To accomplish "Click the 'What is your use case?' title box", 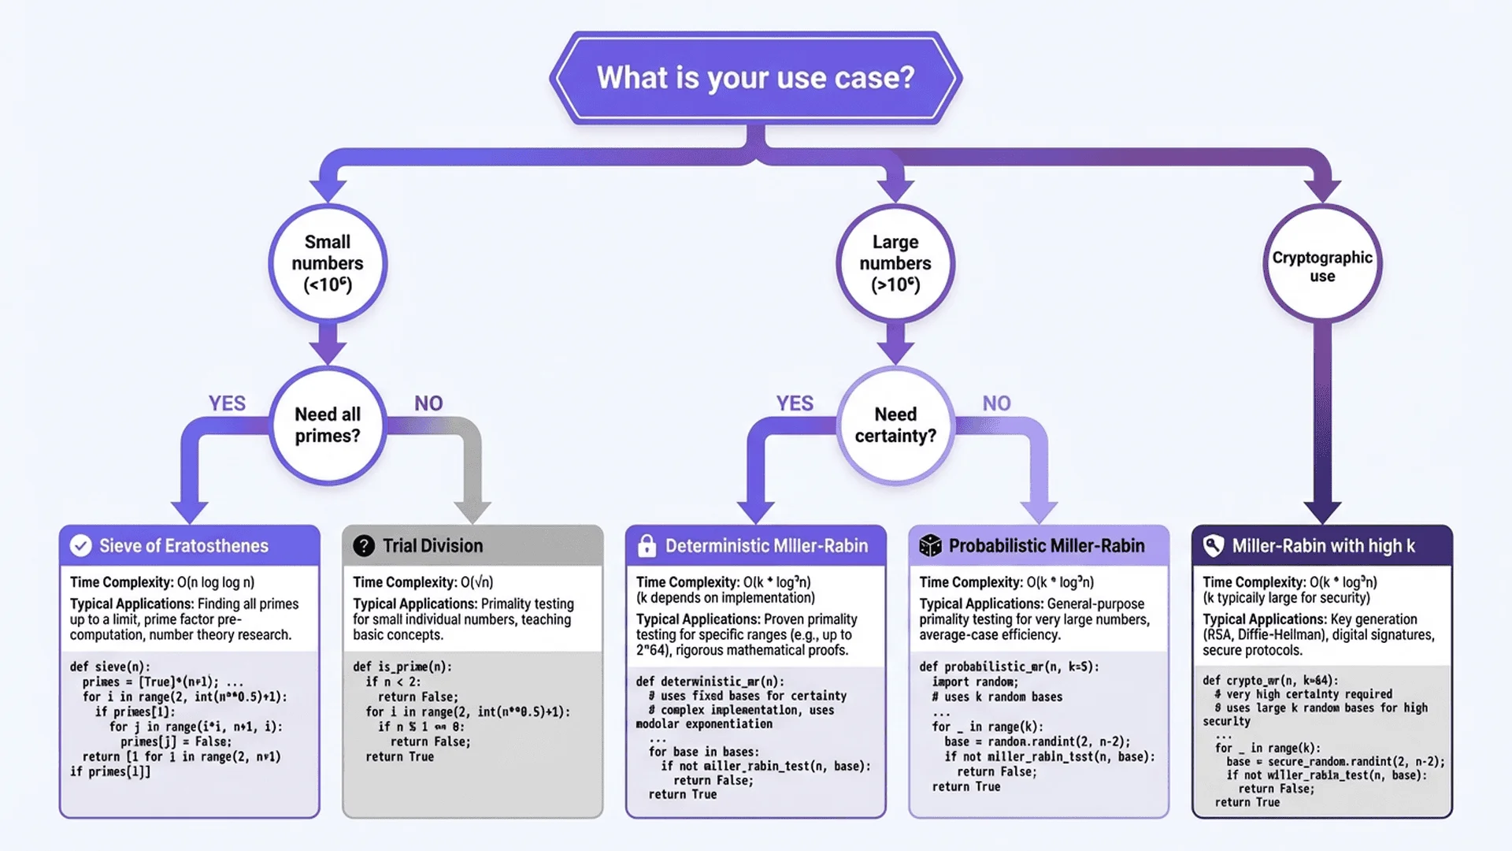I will pyautogui.click(x=756, y=77).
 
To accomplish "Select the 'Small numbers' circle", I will pyautogui.click(x=328, y=263).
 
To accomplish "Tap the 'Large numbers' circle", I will pyautogui.click(x=895, y=263).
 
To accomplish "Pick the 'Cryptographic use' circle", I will pyautogui.click(x=1322, y=263).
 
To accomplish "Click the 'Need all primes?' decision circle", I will pyautogui.click(x=328, y=425).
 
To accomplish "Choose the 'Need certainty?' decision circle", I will pyautogui.click(x=895, y=425).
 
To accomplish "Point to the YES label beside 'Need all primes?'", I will pyautogui.click(x=227, y=403).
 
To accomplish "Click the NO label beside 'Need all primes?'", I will pyautogui.click(x=428, y=403).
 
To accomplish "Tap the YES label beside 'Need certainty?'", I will pyautogui.click(x=795, y=403).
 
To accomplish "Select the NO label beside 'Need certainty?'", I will pyautogui.click(x=996, y=403).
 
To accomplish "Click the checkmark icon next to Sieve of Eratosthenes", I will pyautogui.click(x=80, y=545).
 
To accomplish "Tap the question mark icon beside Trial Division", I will pyautogui.click(x=364, y=545).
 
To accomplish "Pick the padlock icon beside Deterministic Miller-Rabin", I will pyautogui.click(x=647, y=545).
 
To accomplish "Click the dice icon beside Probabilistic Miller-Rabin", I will pyautogui.click(x=930, y=545).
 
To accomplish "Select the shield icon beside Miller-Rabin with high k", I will pyautogui.click(x=1214, y=545).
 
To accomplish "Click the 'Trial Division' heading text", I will pyautogui.click(x=432, y=545).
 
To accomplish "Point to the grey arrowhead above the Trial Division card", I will pyautogui.click(x=472, y=511).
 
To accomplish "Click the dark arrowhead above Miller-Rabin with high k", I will pyautogui.click(x=1322, y=511).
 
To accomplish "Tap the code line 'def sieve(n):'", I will pyautogui.click(x=109, y=667).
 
